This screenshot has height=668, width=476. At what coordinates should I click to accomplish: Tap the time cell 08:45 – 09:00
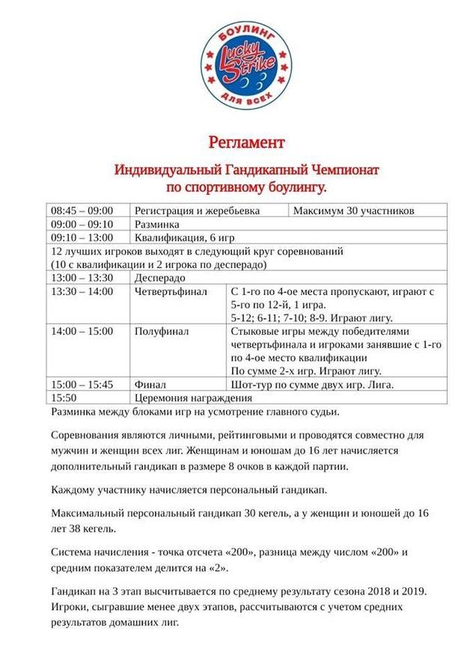point(82,210)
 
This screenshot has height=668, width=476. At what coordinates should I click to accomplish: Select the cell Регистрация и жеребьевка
point(197,210)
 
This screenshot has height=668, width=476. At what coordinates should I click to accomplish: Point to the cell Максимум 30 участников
point(354,210)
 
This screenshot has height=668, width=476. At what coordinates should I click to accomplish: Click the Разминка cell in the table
point(156,224)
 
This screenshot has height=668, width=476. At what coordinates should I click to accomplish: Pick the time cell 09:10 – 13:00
point(82,237)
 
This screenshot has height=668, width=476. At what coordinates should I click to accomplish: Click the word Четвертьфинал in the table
point(171,291)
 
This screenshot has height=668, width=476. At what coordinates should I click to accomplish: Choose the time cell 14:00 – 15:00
point(82,331)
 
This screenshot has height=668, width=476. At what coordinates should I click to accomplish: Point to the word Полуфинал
point(162,331)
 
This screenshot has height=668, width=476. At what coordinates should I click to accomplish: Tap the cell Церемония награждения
point(193,398)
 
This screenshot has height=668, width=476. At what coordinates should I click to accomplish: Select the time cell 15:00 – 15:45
point(82,384)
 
